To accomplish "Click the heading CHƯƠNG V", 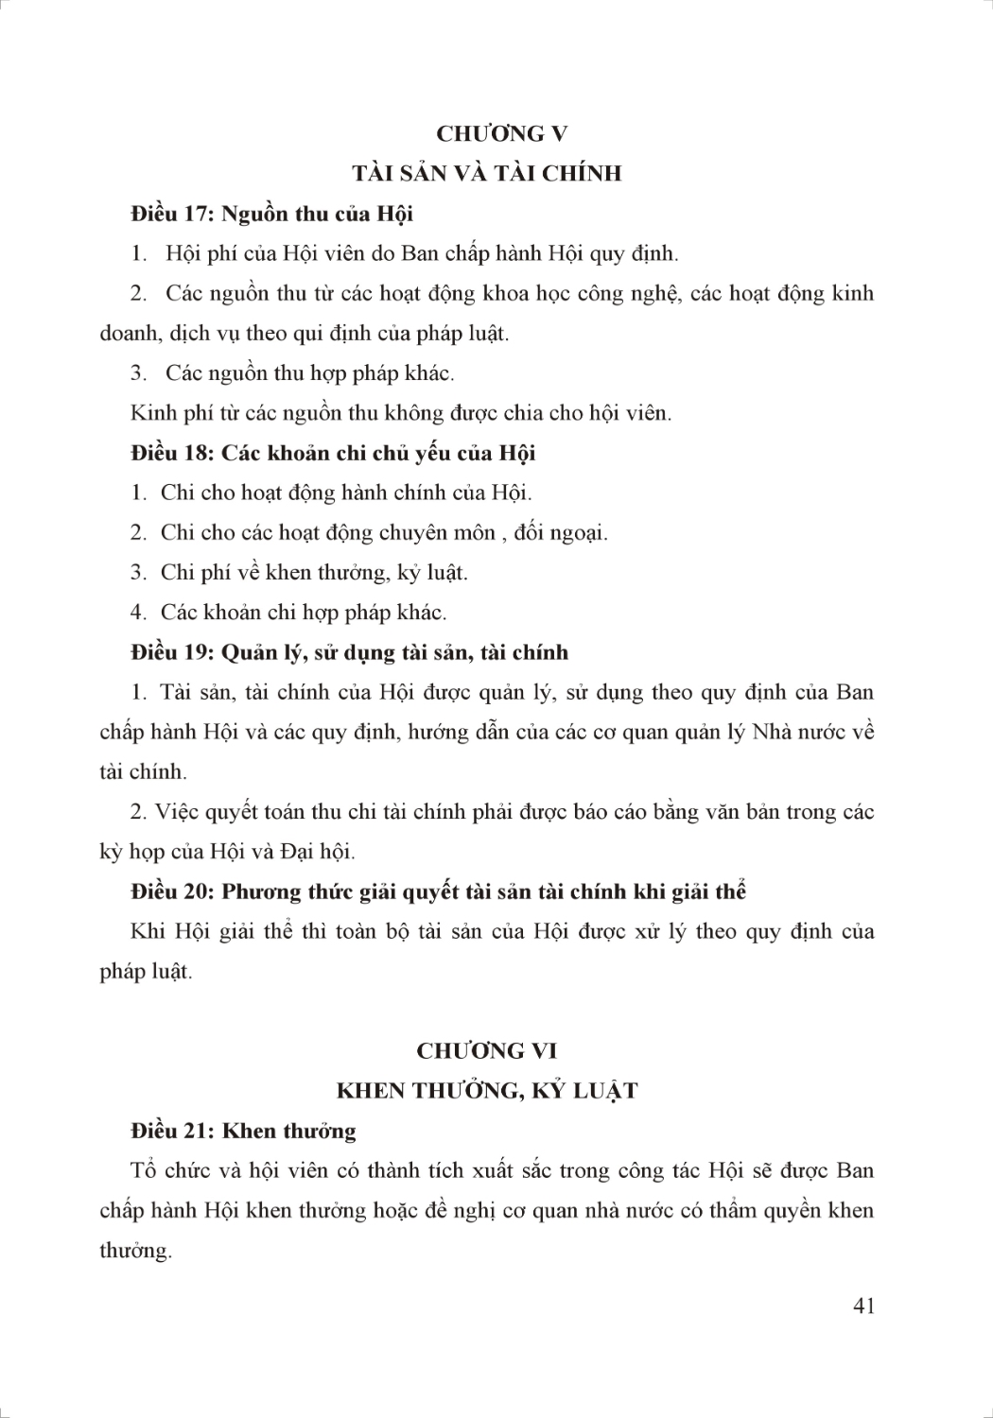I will (501, 133).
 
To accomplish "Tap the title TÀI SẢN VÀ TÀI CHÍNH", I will (487, 173).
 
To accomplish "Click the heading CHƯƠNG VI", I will (487, 1050).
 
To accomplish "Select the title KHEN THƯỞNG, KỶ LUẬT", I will (487, 1091).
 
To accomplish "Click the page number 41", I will (863, 1306).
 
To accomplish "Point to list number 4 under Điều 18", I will (138, 613).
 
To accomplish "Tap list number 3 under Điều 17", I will (138, 373).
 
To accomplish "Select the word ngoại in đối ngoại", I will (579, 533).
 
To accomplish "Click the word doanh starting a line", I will (130, 334).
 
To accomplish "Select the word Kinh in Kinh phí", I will (149, 413).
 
